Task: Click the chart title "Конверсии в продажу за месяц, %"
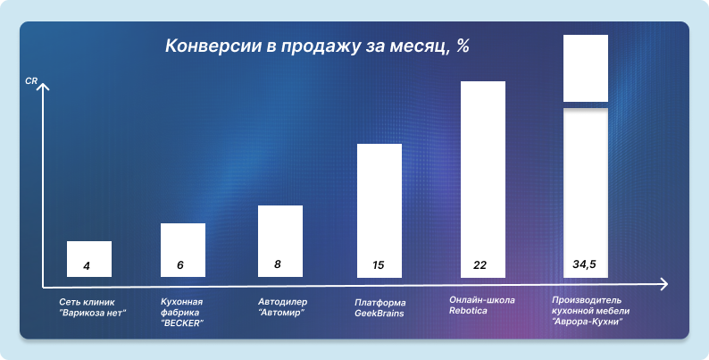point(317,47)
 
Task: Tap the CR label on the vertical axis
point(31,82)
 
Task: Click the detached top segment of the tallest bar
point(586,68)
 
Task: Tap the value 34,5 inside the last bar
point(586,265)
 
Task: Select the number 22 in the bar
point(480,265)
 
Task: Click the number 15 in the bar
point(379,265)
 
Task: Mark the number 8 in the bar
point(278,264)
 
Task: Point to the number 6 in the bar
point(180,265)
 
